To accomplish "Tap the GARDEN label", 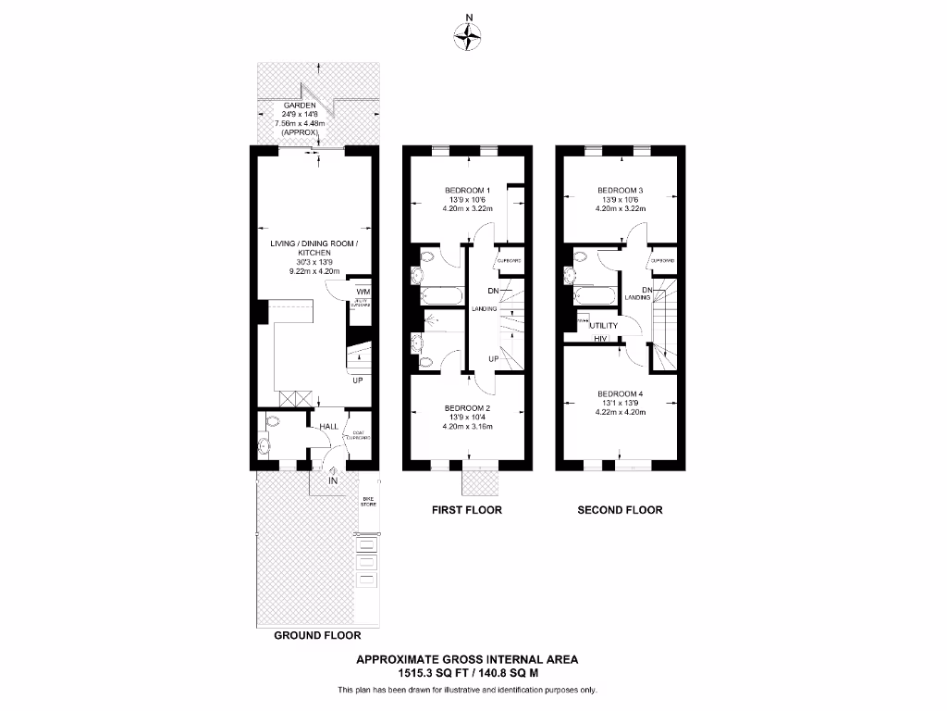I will point(300,105).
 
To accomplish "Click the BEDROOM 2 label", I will point(467,408).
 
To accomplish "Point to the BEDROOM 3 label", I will point(620,191).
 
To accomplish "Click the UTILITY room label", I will point(603,326).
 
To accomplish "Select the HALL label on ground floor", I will point(328,427).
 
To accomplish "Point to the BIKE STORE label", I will point(368,501).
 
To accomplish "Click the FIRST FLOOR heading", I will point(467,510).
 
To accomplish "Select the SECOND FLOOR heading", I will point(620,510).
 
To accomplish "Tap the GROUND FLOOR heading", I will point(317,636).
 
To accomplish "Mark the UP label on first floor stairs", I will point(494,358).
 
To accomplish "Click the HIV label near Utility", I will point(599,340).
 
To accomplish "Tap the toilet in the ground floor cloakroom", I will point(270,421).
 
